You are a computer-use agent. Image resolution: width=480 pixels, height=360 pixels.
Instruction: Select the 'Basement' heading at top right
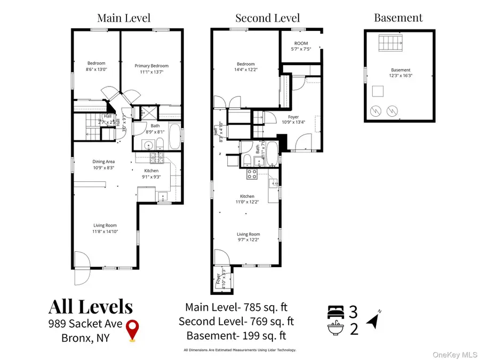398,18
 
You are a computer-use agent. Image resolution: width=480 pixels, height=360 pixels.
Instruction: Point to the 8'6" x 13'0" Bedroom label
97,66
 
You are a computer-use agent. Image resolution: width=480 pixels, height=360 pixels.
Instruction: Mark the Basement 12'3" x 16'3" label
401,73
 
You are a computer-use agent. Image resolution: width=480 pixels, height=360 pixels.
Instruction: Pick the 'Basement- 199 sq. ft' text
236,336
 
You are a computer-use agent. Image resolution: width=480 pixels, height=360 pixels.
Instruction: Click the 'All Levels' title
91,307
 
